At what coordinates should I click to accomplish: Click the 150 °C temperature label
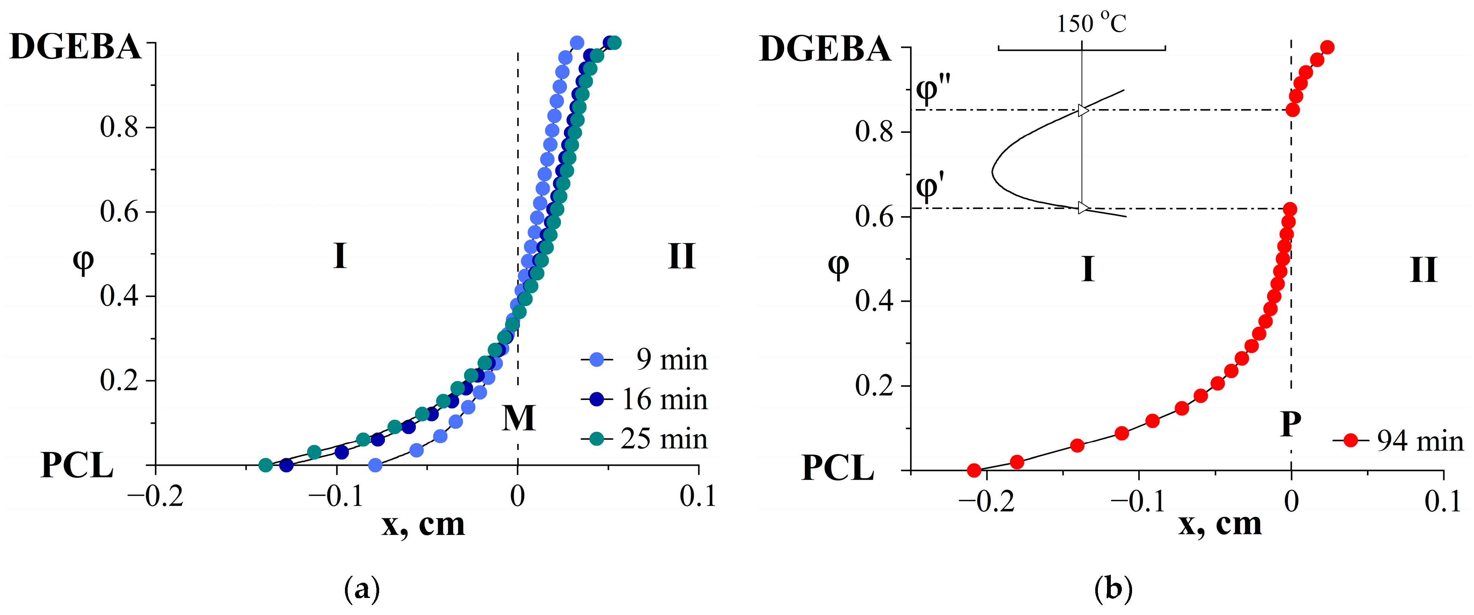click(1091, 24)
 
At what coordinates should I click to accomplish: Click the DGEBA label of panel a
click(76, 47)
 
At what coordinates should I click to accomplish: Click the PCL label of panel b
click(838, 468)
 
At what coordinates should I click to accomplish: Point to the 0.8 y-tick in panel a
click(119, 127)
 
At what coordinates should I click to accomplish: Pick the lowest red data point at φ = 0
click(974, 470)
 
